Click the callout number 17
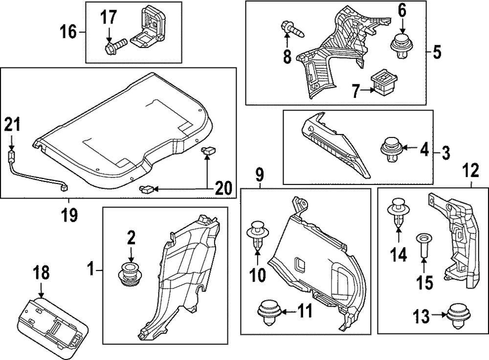click(x=109, y=18)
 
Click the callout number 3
click(x=445, y=153)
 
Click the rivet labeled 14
click(x=398, y=212)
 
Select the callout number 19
click(x=69, y=214)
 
